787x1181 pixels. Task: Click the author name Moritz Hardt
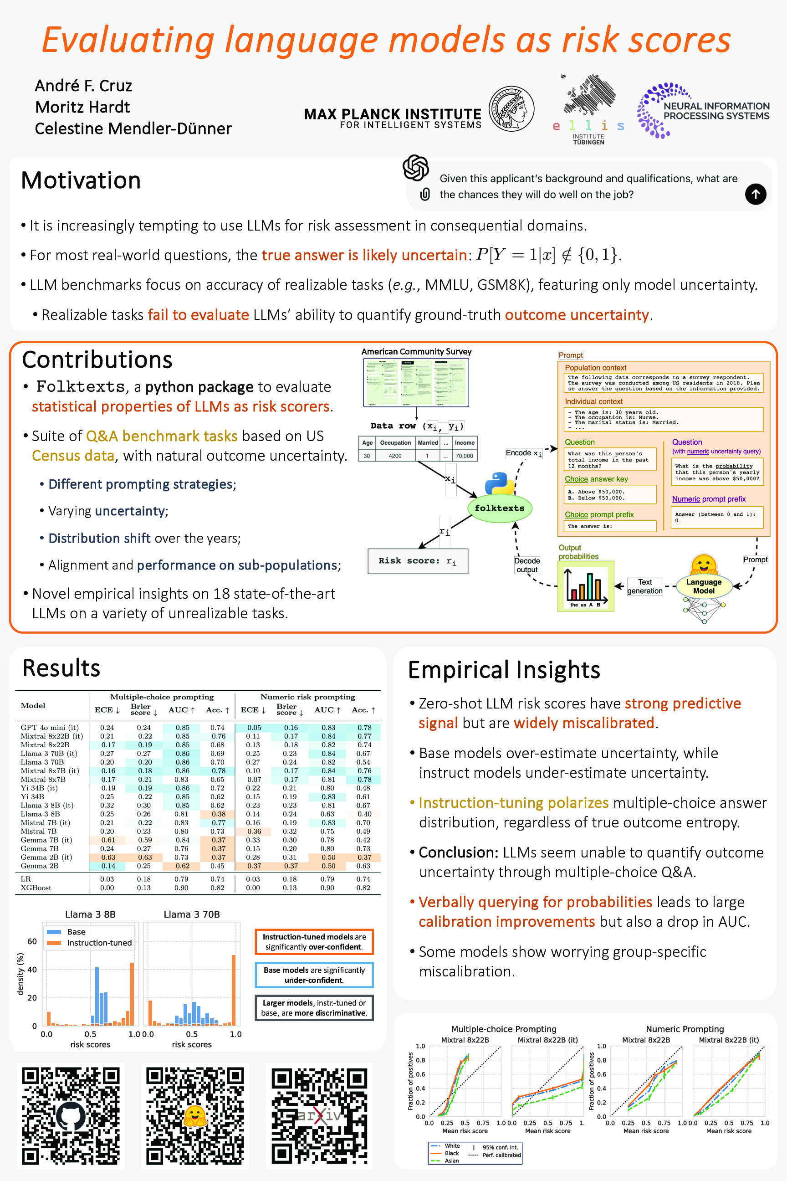[82, 107]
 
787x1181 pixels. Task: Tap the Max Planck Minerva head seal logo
[511, 108]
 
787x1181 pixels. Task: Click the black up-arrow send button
[756, 194]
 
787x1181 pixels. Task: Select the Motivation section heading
[81, 181]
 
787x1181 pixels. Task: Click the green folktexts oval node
[500, 508]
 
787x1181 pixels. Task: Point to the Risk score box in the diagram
[418, 561]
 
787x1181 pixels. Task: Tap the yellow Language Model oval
[704, 586]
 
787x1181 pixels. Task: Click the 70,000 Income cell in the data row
[464, 456]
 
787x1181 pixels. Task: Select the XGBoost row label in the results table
[36, 888]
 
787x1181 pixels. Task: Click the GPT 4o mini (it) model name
[50, 727]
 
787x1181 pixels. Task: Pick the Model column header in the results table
[33, 705]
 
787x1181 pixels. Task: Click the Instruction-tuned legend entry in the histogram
[99, 943]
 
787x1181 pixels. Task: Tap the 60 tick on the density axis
[32, 941]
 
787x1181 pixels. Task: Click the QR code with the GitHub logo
[71, 1115]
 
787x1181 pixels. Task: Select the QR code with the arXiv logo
[319, 1115]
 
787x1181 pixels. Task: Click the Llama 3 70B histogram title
[192, 914]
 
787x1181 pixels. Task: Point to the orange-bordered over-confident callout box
[314, 941]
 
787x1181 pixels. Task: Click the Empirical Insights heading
[504, 670]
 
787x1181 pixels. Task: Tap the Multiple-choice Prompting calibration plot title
[503, 1029]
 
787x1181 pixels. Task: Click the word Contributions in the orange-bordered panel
[97, 360]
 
